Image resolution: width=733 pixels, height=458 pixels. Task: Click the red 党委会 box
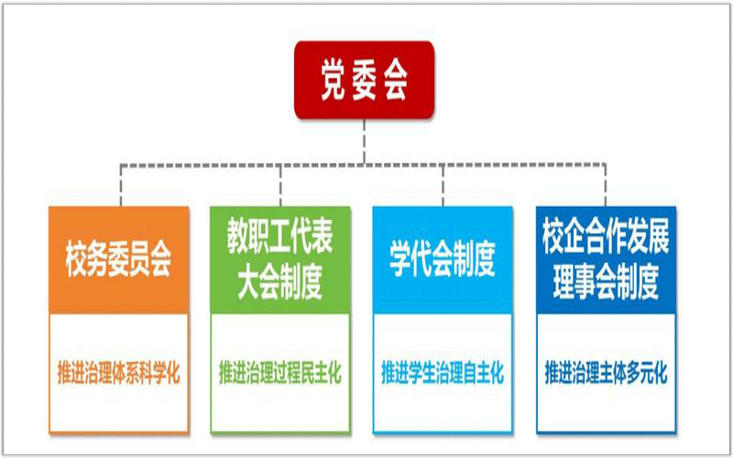click(364, 80)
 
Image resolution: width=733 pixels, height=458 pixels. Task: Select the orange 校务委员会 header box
click(119, 260)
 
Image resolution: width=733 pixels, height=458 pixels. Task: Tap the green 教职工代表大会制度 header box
click(280, 260)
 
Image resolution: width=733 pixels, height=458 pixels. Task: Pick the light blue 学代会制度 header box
click(443, 260)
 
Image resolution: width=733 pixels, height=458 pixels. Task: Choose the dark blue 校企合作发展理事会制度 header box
click(606, 260)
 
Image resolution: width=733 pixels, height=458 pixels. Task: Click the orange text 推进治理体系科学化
click(119, 373)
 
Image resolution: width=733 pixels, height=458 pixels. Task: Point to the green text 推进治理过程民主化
click(280, 373)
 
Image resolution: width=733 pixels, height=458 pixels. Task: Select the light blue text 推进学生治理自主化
click(443, 373)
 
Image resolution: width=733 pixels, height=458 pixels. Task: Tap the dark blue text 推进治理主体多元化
click(606, 373)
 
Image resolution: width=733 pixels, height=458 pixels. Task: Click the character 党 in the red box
click(334, 81)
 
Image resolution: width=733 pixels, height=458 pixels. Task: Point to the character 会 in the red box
click(394, 81)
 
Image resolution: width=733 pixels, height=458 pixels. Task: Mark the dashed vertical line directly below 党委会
click(364, 141)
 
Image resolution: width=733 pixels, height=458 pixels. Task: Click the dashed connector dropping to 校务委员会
click(121, 185)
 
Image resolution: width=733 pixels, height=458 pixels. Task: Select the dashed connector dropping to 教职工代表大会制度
click(280, 185)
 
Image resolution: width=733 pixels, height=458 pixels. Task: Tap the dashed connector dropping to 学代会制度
click(443, 185)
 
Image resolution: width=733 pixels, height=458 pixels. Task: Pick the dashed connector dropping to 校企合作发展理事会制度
click(606, 185)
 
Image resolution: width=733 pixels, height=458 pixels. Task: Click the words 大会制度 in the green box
click(280, 283)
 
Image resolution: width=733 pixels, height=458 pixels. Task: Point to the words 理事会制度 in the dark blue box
click(606, 283)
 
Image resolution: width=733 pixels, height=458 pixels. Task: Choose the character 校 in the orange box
click(78, 260)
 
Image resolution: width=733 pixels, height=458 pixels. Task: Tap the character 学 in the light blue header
click(402, 260)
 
